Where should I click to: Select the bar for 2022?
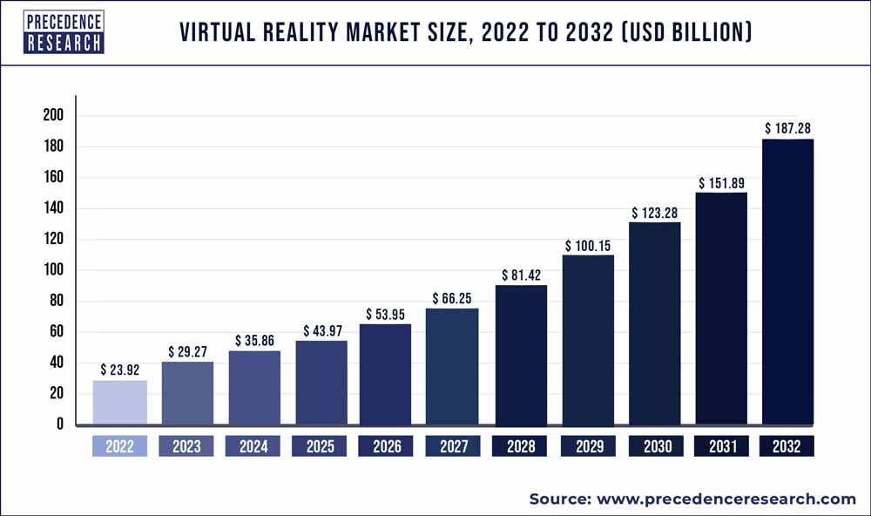tap(120, 402)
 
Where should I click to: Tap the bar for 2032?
tap(787, 282)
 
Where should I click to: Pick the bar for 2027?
tap(451, 366)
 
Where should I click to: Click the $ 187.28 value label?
tap(789, 128)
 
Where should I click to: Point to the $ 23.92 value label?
tap(120, 369)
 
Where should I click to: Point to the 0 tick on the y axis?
tap(58, 424)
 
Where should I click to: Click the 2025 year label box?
tap(320, 446)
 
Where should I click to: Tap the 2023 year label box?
tap(186, 446)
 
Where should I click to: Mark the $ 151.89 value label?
tap(721, 183)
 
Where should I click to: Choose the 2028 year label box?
tap(520, 446)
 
